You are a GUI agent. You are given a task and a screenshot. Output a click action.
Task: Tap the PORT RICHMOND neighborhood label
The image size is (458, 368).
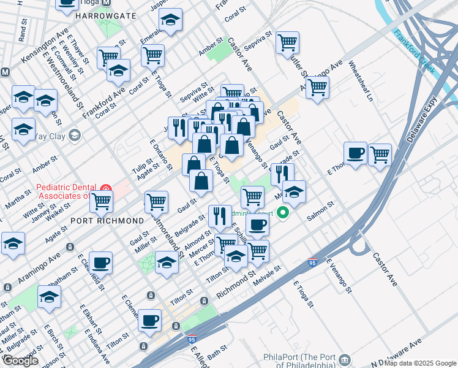(107, 220)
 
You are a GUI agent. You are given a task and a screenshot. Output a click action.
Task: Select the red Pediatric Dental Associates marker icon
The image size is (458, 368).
(105, 188)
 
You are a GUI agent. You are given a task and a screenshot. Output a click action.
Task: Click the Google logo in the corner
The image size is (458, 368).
(20, 361)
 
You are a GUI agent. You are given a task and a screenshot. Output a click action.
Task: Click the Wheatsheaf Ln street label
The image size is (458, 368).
(361, 80)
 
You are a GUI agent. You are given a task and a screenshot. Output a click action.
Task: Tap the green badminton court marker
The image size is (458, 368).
(283, 213)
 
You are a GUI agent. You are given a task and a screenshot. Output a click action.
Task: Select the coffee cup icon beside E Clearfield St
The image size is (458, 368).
(101, 262)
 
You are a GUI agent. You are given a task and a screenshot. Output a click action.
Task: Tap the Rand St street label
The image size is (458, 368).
(23, 34)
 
